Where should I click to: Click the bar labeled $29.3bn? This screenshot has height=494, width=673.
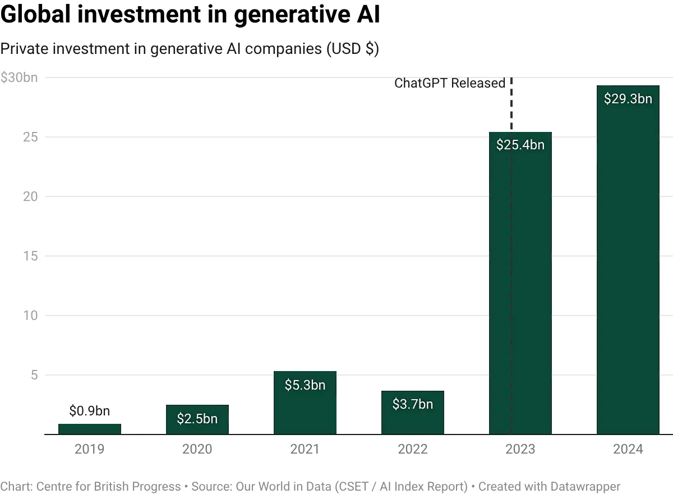628,269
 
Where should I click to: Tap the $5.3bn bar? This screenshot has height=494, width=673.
305,410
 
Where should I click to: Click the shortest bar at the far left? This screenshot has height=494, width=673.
90,428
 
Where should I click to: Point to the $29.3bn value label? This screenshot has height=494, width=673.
628,99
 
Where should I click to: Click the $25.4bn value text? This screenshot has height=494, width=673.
520,145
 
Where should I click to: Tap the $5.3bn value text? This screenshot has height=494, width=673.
305,385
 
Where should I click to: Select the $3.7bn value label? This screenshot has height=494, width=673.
413,404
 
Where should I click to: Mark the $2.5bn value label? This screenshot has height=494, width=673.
197,418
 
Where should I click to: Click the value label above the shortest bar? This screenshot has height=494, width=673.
90,411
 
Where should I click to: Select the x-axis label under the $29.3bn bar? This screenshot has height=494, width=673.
628,448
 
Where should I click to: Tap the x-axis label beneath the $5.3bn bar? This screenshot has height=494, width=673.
305,448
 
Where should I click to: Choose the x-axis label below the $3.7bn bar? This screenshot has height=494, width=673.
413,448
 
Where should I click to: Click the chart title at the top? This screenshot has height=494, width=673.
191,49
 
